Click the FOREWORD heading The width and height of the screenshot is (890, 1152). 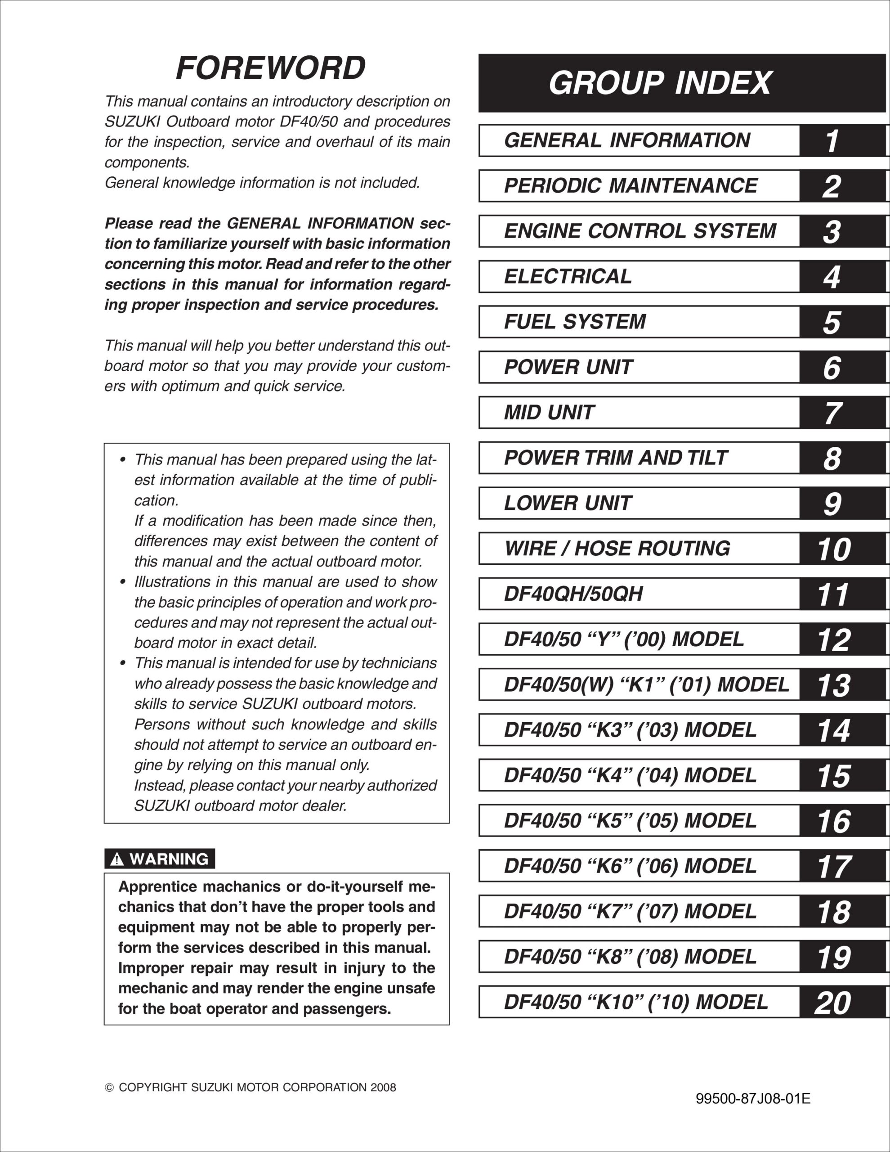click(270, 68)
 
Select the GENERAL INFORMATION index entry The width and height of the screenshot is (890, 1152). click(627, 140)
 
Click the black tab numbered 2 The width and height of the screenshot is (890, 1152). click(832, 186)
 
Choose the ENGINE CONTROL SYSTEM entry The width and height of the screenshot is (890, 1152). click(640, 231)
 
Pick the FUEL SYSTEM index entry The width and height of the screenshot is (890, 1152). click(575, 322)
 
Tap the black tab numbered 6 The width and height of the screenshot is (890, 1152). click(832, 368)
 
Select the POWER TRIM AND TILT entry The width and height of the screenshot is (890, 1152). click(615, 458)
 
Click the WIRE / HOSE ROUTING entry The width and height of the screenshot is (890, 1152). click(617, 549)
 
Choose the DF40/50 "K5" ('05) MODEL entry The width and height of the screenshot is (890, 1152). click(630, 821)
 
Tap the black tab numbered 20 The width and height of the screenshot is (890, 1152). click(833, 1003)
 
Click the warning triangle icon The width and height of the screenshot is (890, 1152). click(116, 860)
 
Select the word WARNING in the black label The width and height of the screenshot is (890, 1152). click(169, 859)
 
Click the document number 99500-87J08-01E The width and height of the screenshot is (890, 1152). click(753, 1099)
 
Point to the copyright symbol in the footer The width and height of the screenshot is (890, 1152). click(109, 1088)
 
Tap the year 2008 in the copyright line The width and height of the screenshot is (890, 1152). click(383, 1088)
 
